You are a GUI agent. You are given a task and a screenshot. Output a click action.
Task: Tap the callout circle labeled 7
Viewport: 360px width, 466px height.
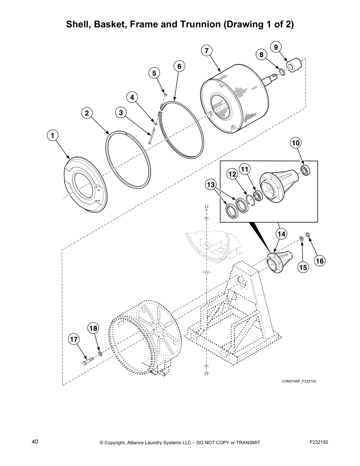[x=207, y=51]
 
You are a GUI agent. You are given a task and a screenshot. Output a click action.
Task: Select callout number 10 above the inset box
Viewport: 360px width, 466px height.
[x=296, y=143]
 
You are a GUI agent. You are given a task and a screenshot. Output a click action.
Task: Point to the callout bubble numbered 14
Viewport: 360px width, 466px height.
[x=281, y=234]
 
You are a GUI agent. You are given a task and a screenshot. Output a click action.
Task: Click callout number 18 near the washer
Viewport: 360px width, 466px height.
[x=93, y=328]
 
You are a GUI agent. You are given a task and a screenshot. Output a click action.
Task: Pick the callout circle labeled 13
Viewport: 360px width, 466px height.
[x=211, y=185]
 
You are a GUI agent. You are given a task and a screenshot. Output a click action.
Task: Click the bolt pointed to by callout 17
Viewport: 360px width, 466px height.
[x=88, y=361]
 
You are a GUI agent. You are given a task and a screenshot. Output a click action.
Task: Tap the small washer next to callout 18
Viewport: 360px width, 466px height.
[x=100, y=353]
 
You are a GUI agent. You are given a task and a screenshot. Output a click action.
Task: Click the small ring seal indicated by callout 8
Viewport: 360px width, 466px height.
[x=281, y=71]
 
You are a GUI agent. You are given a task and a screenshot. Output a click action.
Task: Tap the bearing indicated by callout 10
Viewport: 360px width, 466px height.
[x=305, y=171]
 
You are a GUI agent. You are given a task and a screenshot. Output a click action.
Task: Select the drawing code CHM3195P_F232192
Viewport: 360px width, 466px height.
[x=299, y=382]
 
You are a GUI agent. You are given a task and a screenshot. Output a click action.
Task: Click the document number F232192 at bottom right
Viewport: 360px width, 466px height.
[x=319, y=442]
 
